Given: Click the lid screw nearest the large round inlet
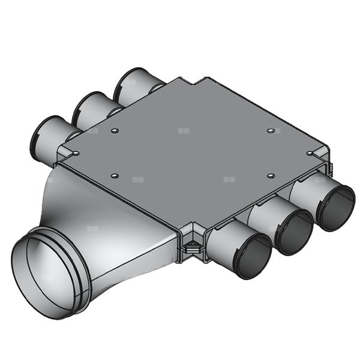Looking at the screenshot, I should point(115,176).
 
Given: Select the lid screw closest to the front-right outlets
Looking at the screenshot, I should point(271,175).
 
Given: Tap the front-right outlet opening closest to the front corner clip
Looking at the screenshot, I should point(250,256).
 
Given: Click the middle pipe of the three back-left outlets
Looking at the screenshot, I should point(89,110).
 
